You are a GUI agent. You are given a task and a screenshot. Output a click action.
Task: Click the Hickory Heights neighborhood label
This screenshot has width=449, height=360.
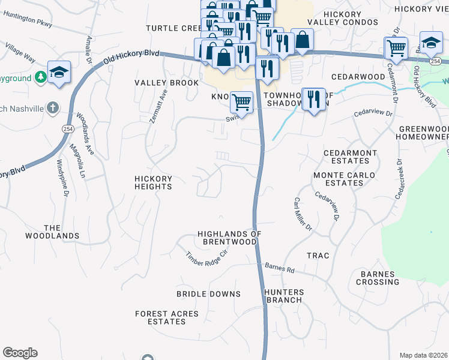[153, 182]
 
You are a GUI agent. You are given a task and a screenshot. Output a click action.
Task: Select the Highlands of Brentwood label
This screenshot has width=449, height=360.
[228, 238]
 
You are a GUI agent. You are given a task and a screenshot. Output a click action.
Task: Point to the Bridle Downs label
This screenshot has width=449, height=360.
[208, 294]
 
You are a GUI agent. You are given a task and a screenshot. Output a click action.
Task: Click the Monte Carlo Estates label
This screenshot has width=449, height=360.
[345, 179]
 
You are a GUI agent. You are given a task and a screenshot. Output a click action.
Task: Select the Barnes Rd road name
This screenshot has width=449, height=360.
[279, 269]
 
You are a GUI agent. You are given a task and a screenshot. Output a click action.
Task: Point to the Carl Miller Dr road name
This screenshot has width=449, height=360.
[303, 214]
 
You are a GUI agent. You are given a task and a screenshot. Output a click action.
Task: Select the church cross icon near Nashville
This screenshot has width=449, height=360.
[53, 108]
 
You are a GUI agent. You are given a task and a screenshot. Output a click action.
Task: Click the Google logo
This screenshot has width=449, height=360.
[20, 353]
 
